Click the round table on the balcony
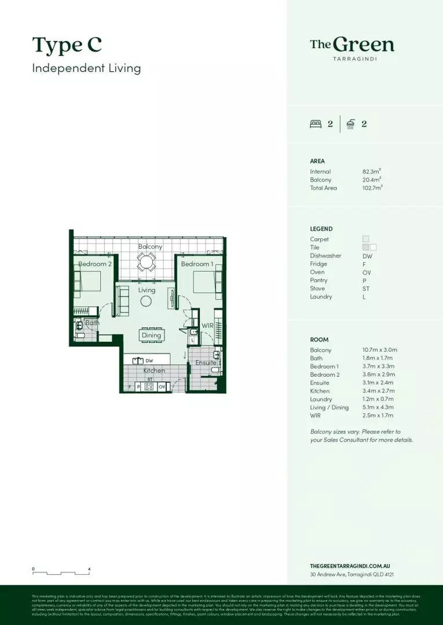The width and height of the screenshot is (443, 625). click(147, 263)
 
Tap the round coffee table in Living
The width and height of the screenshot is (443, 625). click(147, 301)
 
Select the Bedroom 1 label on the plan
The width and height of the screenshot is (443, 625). click(196, 264)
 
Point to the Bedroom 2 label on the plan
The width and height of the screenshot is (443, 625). click(95, 264)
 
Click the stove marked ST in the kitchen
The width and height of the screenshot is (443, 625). click(150, 386)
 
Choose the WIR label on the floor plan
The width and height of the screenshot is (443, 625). click(207, 326)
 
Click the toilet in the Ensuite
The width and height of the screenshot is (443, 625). click(216, 369)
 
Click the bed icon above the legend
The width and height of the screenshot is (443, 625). click(316, 123)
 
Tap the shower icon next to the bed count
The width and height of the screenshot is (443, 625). click(350, 123)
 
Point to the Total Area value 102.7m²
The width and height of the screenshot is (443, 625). click(372, 188)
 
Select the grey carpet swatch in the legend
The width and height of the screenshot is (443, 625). click(365, 239)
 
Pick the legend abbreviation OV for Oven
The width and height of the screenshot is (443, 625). click(367, 272)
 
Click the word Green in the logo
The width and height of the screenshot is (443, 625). click(364, 45)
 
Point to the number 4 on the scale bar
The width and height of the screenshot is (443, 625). click(89, 569)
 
